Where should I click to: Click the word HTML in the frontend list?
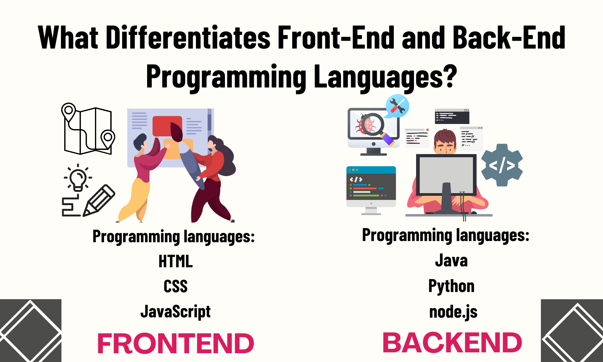[x=175, y=261]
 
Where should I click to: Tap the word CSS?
[x=175, y=286]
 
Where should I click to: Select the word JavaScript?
[x=175, y=312]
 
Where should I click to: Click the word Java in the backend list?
[x=451, y=260]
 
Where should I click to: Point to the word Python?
[x=451, y=286]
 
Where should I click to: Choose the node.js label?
[x=453, y=312]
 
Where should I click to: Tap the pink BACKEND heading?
[x=452, y=342]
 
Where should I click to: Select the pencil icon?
[x=99, y=200]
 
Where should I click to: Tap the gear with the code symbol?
[x=502, y=165]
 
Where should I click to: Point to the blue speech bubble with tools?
[x=397, y=106]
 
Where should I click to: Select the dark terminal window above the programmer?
[x=452, y=116]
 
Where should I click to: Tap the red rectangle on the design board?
[x=167, y=126]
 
